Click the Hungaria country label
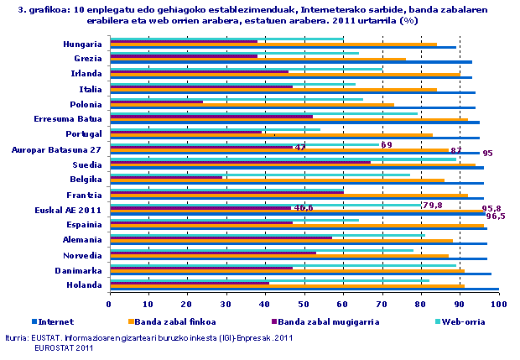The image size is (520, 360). click(83, 44)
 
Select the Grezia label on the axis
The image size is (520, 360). click(88, 59)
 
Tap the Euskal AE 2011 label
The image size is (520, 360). click(67, 209)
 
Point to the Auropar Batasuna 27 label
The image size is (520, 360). click(57, 149)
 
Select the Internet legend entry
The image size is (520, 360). click(55, 321)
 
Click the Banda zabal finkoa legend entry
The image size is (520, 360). click(169, 321)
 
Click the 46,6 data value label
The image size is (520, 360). click(304, 207)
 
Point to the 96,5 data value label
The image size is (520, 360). click(496, 217)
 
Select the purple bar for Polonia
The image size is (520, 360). click(156, 102)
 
